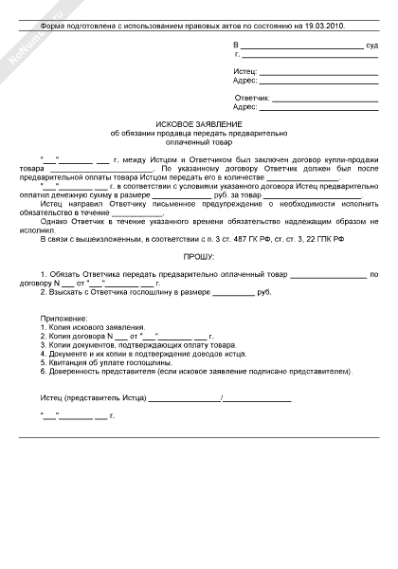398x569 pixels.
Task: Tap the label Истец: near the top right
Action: [x=244, y=71]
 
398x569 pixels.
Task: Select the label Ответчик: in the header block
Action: [x=253, y=99]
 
